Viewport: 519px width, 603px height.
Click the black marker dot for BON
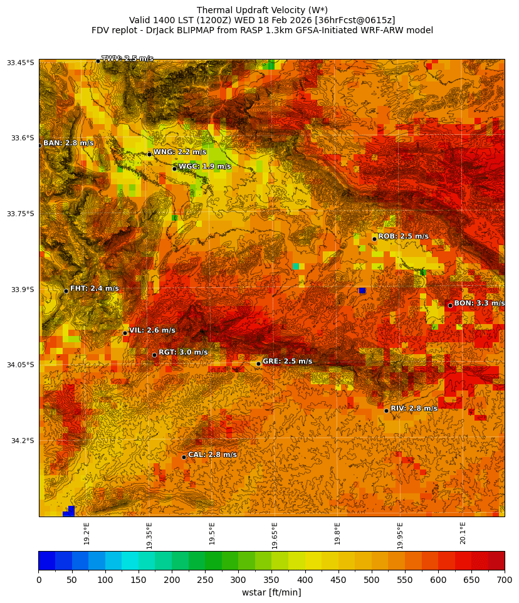(x=450, y=305)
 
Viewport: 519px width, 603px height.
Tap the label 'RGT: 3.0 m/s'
(x=183, y=352)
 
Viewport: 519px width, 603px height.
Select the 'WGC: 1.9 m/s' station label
(x=204, y=167)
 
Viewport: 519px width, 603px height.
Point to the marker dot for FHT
(x=66, y=291)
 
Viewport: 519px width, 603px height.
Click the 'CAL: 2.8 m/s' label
(x=212, y=454)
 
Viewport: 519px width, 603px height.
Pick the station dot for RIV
(x=386, y=411)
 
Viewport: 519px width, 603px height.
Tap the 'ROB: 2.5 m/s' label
(x=404, y=236)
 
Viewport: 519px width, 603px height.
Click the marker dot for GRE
(x=258, y=364)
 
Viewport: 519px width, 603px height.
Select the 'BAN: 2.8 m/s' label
(x=68, y=143)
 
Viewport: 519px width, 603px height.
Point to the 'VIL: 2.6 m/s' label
(x=152, y=330)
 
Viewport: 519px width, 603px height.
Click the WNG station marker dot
(x=149, y=154)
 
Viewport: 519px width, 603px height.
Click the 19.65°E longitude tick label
(x=275, y=535)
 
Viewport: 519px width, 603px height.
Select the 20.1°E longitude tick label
(x=463, y=533)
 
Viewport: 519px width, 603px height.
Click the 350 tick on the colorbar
(x=221, y=580)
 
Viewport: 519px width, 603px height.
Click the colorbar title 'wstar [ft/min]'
(x=271, y=592)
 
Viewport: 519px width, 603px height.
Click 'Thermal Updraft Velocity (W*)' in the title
(x=262, y=10)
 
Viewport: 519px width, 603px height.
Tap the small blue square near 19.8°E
(x=362, y=291)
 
